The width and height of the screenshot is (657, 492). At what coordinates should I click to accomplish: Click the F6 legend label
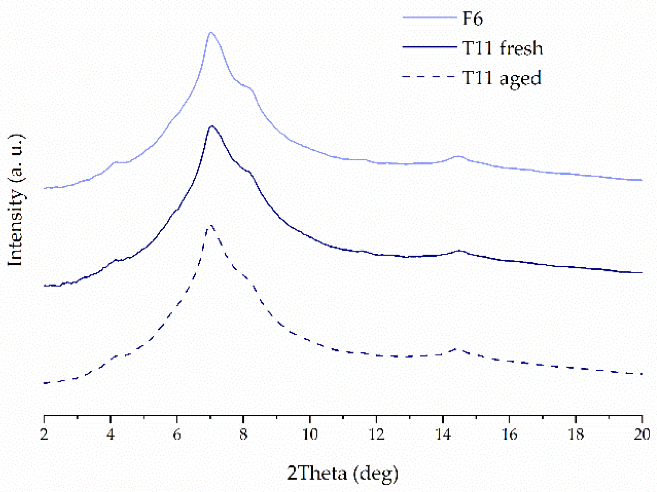(x=472, y=18)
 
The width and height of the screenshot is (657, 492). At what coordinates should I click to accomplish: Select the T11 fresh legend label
(x=502, y=48)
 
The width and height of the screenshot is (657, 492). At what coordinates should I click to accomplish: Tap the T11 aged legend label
(x=501, y=78)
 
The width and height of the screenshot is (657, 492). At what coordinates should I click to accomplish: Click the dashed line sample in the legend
(x=429, y=76)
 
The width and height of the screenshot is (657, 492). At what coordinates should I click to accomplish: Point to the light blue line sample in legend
(x=429, y=17)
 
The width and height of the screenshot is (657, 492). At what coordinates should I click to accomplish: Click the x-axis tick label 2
(x=44, y=434)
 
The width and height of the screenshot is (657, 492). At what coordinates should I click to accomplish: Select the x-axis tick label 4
(x=110, y=434)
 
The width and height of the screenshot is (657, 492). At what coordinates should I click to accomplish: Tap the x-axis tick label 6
(x=177, y=434)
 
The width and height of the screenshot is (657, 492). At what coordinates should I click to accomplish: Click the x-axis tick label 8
(x=244, y=434)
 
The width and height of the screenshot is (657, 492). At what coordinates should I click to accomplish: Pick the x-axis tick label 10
(x=310, y=434)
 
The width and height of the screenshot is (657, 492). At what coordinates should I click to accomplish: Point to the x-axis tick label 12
(x=376, y=434)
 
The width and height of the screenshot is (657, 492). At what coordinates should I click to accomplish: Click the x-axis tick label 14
(x=443, y=434)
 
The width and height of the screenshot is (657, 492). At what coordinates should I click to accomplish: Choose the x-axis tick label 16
(x=509, y=434)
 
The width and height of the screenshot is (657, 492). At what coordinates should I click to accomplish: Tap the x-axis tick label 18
(x=576, y=434)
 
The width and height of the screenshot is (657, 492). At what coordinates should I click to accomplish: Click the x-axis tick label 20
(x=642, y=434)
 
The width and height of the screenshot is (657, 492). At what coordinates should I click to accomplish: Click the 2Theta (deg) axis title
(x=342, y=473)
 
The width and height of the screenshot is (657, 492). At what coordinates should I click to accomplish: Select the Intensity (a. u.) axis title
(x=16, y=200)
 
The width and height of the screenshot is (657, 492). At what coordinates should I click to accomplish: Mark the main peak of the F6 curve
(x=211, y=33)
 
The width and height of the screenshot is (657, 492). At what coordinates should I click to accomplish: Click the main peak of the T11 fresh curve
(x=212, y=126)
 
